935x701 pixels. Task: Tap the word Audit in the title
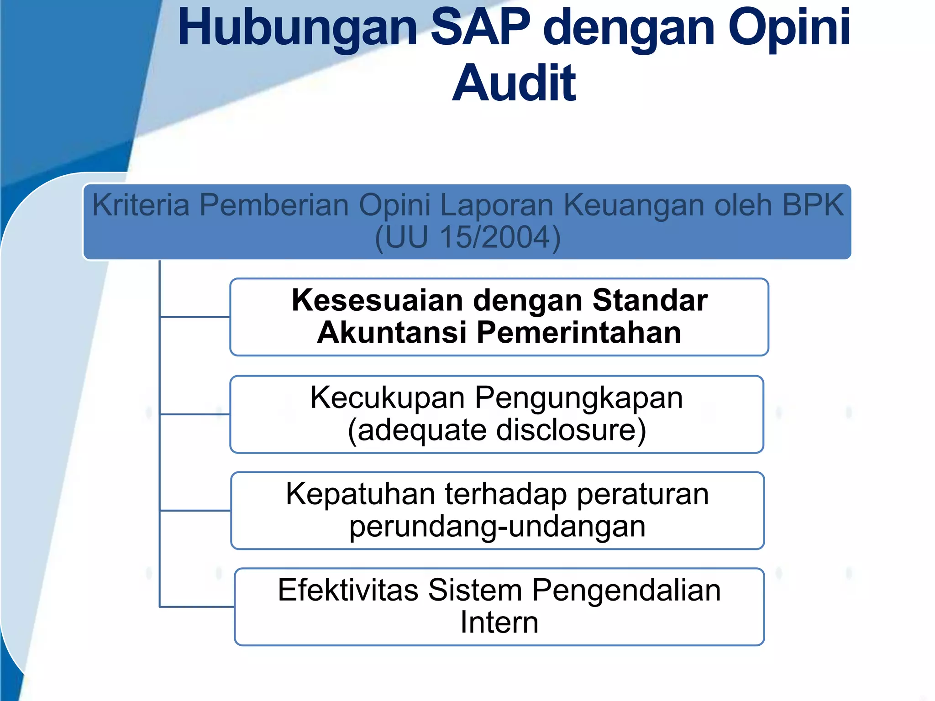pyautogui.click(x=514, y=84)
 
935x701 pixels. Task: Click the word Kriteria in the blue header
pyautogui.click(x=141, y=205)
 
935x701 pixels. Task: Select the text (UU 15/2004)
pyautogui.click(x=467, y=237)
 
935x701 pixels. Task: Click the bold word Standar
pyautogui.click(x=650, y=301)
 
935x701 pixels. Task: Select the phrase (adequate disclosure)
pyautogui.click(x=497, y=430)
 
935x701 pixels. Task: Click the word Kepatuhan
pyautogui.click(x=360, y=494)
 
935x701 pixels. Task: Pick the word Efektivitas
pyautogui.click(x=348, y=591)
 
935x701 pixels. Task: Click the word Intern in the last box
pyautogui.click(x=499, y=623)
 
